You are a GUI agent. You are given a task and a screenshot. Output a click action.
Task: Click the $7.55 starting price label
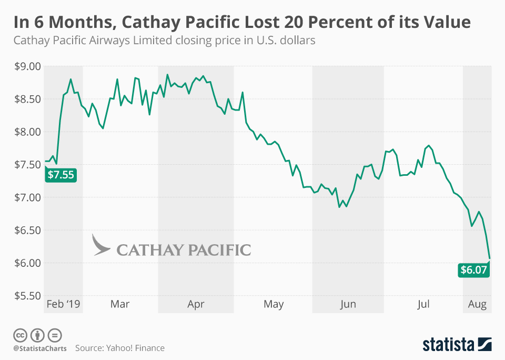click(60, 175)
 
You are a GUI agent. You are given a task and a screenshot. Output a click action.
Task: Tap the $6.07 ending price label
click(474, 270)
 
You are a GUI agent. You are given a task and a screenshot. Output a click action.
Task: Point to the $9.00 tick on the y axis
click(26, 66)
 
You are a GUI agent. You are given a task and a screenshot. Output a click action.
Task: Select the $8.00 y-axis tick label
click(26, 132)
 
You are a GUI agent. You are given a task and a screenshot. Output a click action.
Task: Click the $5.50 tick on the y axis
click(26, 296)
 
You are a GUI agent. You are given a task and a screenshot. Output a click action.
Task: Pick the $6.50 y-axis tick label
click(26, 230)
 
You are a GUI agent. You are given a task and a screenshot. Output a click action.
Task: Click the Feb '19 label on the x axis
click(63, 304)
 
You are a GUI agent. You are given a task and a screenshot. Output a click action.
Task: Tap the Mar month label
click(120, 304)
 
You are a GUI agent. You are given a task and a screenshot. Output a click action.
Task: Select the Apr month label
click(196, 304)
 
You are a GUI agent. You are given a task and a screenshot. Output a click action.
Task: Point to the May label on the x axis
click(274, 304)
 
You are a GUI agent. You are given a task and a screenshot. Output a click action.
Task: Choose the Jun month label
click(348, 304)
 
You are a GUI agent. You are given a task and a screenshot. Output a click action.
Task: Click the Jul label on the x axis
click(423, 304)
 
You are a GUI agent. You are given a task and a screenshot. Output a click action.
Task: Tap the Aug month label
click(477, 304)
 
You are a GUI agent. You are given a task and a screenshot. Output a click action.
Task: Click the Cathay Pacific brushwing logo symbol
click(101, 245)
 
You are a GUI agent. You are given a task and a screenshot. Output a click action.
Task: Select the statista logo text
click(447, 345)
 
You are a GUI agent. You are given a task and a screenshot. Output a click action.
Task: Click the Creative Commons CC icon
click(21, 335)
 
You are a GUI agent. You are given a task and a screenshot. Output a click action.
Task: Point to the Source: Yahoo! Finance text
click(119, 348)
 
